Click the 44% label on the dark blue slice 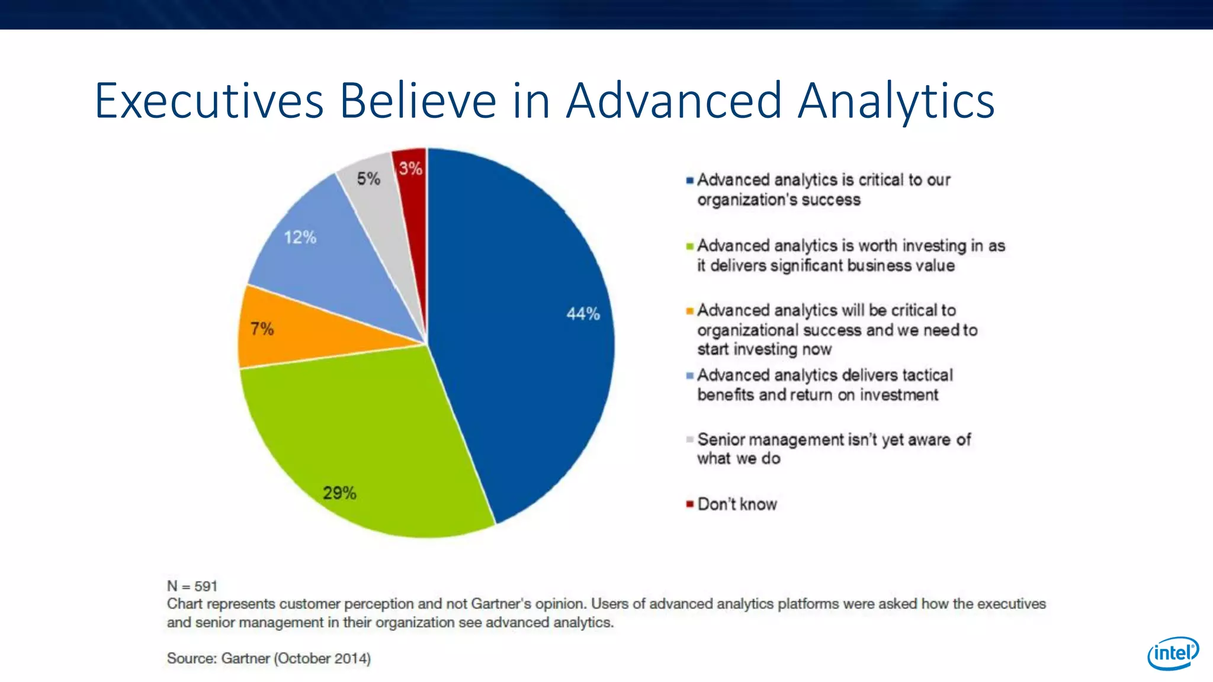point(583,314)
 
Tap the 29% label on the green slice point(339,493)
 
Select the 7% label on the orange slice point(262,329)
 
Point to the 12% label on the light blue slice point(300,237)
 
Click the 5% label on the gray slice point(368,178)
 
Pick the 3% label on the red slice point(410,169)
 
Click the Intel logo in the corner point(1173,653)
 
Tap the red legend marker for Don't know point(689,504)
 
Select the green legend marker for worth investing point(689,246)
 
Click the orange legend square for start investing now point(689,311)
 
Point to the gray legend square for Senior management point(689,440)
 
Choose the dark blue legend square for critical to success point(689,181)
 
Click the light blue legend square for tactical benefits point(689,376)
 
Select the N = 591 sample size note point(192,586)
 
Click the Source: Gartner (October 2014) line point(268,658)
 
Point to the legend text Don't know point(737,504)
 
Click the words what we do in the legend point(739,459)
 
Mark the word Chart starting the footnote point(184,604)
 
